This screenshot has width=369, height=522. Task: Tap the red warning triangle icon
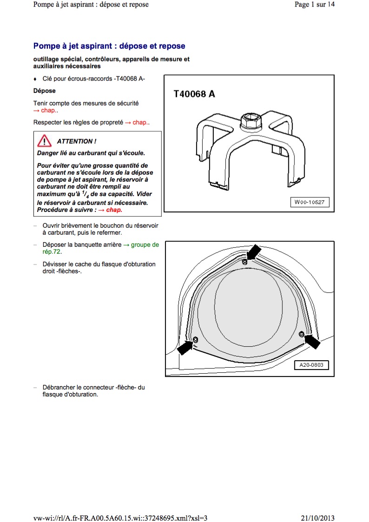click(x=45, y=140)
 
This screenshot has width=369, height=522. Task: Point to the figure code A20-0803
click(x=311, y=365)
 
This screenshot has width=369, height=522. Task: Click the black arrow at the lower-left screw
click(x=185, y=347)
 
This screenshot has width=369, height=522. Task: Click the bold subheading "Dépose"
click(x=45, y=91)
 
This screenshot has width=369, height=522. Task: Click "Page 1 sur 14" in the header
click(x=315, y=5)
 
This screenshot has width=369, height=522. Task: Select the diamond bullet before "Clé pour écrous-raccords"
click(x=35, y=79)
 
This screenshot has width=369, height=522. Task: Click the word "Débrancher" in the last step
click(x=59, y=387)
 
